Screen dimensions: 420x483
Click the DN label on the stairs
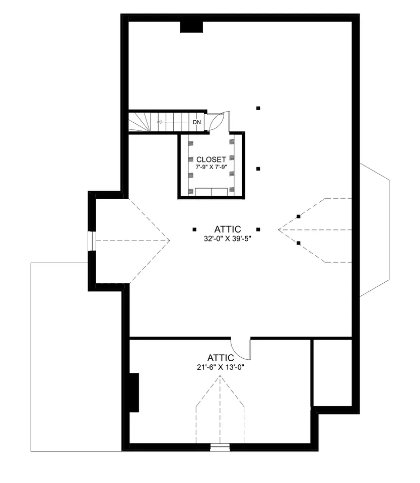click(197, 122)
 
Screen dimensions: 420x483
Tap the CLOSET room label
click(211, 159)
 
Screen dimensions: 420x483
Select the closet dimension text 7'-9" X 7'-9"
click(211, 167)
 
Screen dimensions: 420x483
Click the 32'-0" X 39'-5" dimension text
click(228, 238)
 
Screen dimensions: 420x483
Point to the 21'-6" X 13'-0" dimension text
click(221, 367)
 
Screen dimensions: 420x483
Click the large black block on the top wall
click(191, 27)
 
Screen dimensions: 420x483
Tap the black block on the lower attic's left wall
click(134, 392)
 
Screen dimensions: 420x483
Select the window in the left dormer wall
click(92, 241)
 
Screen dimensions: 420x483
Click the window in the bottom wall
click(220, 447)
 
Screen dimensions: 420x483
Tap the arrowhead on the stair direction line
click(159, 122)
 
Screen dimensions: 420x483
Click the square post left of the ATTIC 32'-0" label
click(194, 229)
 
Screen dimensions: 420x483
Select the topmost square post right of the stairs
click(258, 108)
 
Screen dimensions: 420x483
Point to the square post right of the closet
click(258, 169)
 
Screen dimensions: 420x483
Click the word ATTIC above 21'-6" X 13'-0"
click(221, 358)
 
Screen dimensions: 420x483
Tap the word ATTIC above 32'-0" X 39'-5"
click(228, 229)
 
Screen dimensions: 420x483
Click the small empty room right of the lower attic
click(333, 373)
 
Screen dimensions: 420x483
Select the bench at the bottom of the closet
click(211, 192)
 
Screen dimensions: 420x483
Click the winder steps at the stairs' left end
click(139, 122)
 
